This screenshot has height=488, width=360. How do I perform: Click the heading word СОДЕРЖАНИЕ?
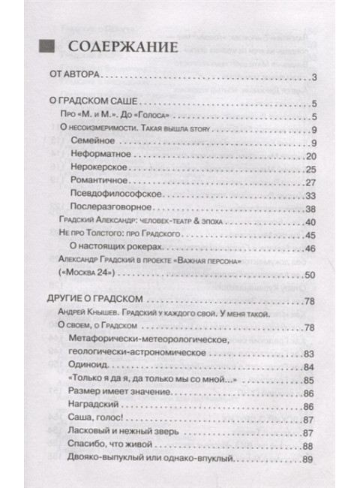tap(122, 47)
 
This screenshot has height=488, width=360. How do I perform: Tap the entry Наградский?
tap(94, 405)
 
